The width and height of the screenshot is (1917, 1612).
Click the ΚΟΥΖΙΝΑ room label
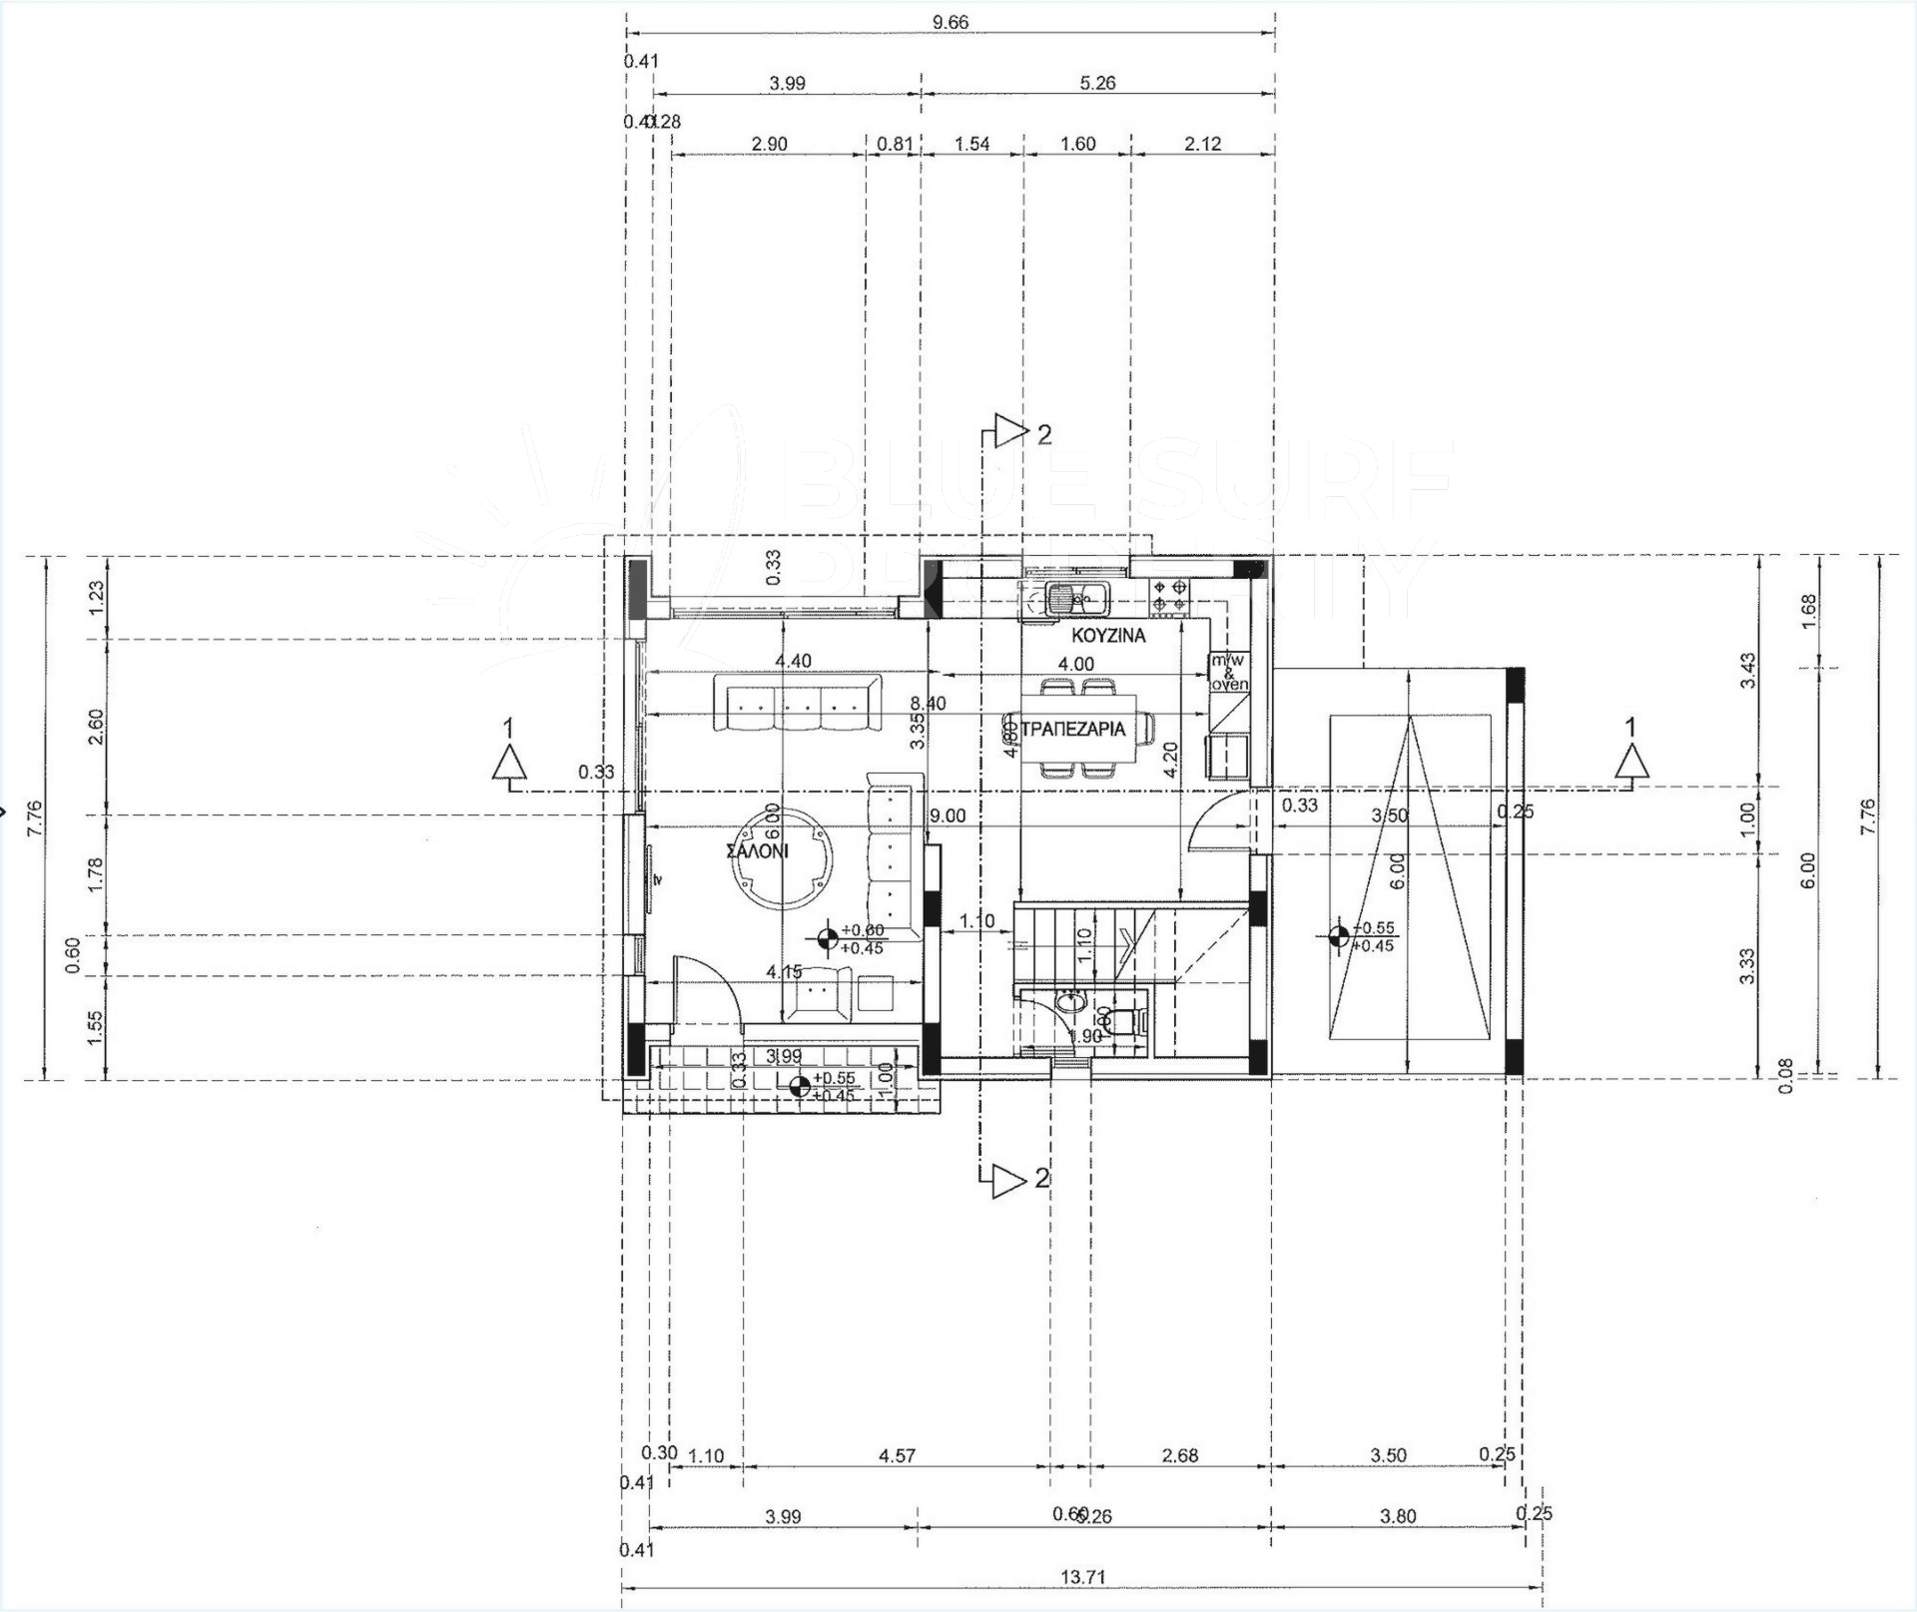click(1108, 636)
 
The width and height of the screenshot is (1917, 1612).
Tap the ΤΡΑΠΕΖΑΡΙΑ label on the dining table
click(1074, 729)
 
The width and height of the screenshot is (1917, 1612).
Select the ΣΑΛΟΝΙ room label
click(757, 851)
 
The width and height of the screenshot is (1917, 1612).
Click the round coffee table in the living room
click(784, 856)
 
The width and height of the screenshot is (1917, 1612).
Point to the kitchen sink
click(1065, 599)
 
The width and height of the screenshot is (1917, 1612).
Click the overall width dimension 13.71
click(1082, 1578)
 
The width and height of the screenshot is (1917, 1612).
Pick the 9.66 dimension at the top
click(950, 23)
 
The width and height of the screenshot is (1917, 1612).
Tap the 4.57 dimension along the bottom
click(897, 1456)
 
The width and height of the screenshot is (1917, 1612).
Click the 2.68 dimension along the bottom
click(1179, 1456)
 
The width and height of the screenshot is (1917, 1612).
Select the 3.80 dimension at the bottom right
click(1397, 1517)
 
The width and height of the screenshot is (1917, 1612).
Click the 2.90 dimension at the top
click(769, 144)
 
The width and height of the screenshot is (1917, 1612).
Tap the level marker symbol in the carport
click(1339, 936)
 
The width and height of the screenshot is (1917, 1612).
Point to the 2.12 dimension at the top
click(1202, 144)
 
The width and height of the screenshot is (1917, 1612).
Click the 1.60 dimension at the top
click(1077, 144)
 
